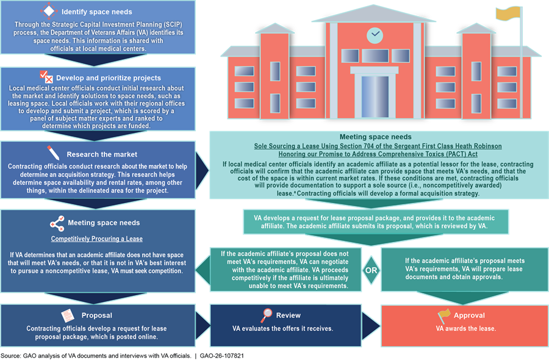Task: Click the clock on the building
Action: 375,35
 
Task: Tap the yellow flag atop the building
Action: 505,13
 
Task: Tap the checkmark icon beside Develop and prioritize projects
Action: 46,77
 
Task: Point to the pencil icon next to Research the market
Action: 54,153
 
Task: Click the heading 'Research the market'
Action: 102,154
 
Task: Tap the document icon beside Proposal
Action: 66,315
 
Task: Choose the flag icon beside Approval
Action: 444,315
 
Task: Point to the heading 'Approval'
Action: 470,315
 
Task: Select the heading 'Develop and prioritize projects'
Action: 109,78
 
